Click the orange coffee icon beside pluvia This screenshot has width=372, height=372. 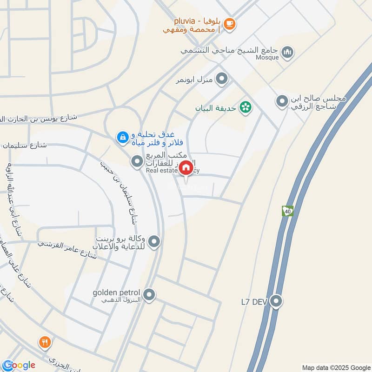click(229, 24)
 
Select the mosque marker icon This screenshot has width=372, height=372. click(288, 51)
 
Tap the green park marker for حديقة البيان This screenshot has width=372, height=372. click(245, 108)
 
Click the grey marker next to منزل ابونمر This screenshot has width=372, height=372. click(222, 79)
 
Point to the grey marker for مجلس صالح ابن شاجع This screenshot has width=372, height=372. click(282, 100)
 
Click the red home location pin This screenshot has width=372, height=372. click(186, 168)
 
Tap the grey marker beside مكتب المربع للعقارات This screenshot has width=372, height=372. click(137, 162)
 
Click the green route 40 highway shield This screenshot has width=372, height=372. click(287, 211)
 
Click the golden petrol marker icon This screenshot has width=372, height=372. click(149, 294)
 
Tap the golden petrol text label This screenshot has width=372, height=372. click(116, 293)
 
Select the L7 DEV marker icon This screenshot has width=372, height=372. click(277, 301)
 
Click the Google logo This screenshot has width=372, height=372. click(19, 365)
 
